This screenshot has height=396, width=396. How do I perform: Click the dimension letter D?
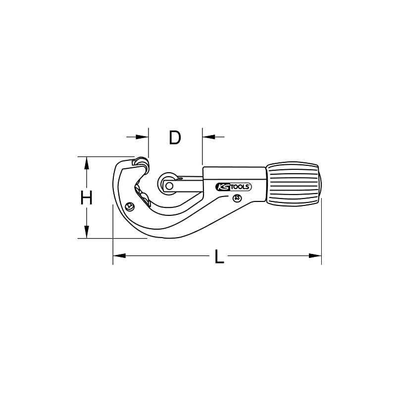174,138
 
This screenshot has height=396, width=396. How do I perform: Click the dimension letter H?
87,198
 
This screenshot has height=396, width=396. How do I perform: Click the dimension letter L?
218,256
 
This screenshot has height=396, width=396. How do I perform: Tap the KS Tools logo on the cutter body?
234,187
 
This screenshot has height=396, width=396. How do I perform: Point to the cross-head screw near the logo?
237,199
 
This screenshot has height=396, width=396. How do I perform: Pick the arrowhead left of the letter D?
143,136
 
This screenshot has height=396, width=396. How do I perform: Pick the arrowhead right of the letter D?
207,136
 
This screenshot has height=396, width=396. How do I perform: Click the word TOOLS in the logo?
241,187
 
